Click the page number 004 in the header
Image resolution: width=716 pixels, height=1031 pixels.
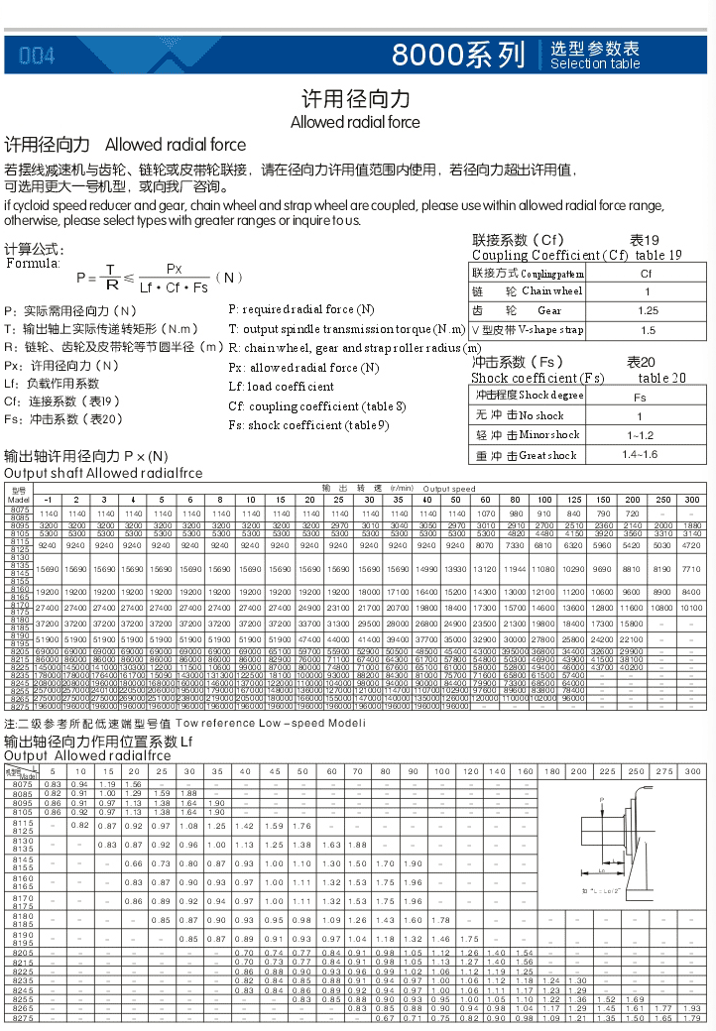click(37, 56)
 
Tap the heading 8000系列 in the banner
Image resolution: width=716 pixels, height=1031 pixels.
click(458, 54)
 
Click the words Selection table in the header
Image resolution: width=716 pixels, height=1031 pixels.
click(595, 63)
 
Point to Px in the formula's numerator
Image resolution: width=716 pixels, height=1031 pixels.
click(174, 269)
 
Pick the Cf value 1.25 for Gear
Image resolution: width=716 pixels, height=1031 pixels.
click(648, 310)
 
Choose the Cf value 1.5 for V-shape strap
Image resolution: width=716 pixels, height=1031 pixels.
click(648, 330)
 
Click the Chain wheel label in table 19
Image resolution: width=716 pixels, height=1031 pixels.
click(551, 291)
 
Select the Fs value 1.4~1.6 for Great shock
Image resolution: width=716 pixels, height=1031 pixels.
click(640, 454)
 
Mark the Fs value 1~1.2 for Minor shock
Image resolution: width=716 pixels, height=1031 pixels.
click(640, 435)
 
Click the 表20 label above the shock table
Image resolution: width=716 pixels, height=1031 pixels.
click(641, 363)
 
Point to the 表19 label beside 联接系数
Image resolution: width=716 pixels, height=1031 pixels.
click(645, 241)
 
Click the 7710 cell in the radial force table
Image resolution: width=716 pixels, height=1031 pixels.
click(691, 541)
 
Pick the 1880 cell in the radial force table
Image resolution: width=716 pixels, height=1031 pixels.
click(691, 525)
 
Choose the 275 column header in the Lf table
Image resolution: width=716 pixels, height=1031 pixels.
click(664, 770)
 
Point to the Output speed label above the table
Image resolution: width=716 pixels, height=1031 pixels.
click(449, 489)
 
